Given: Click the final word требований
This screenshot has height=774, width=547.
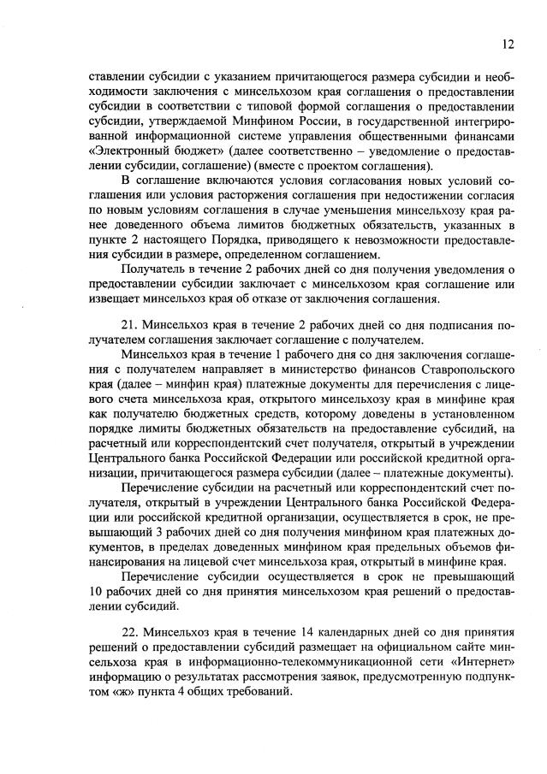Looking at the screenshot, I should coord(259,693).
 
